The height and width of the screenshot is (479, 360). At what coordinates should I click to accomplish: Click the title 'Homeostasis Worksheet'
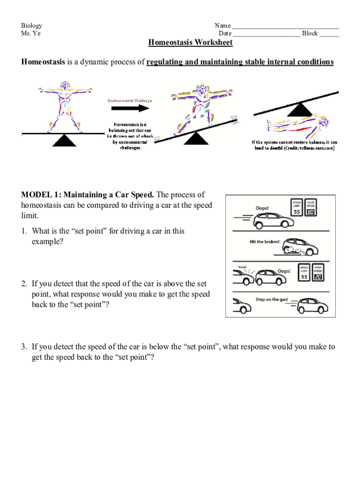tap(190, 43)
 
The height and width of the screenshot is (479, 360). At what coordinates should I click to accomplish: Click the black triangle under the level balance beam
tap(64, 140)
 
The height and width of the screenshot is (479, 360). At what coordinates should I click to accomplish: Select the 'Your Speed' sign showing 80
tap(311, 209)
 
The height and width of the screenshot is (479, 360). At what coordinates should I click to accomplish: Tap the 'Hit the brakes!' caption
tap(265, 242)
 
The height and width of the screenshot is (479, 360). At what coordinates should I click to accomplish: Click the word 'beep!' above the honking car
tap(242, 267)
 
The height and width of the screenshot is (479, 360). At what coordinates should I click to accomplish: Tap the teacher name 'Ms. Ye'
tap(31, 33)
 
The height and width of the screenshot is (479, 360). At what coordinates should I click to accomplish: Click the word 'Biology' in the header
tap(31, 25)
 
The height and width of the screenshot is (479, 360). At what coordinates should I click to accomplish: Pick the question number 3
tap(23, 347)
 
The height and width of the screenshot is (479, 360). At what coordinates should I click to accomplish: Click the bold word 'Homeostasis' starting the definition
tap(43, 62)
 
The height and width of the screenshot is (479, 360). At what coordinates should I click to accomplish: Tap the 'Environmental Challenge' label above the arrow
tap(130, 101)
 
